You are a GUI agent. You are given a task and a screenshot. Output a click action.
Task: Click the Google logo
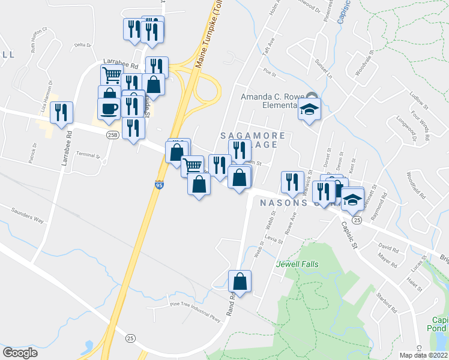click(20, 353)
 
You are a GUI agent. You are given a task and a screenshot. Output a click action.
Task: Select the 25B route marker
click(112, 135)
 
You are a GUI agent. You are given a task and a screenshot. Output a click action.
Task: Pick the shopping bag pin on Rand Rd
click(240, 281)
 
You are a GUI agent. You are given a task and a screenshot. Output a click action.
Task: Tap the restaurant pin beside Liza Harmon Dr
click(61, 112)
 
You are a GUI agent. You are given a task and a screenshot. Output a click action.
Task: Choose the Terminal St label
click(88, 155)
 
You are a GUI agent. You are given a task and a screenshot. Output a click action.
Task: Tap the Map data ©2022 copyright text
click(423, 355)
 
